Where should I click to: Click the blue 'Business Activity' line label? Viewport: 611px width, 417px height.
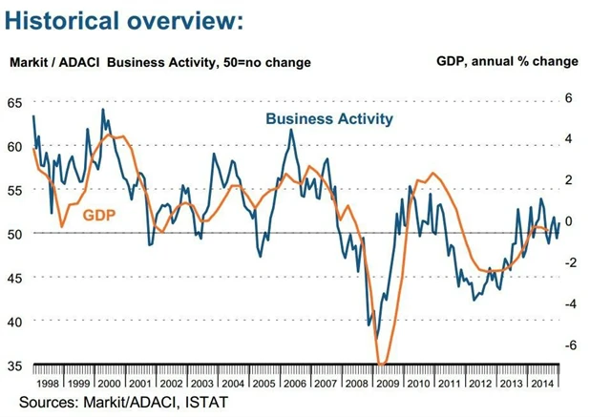329,118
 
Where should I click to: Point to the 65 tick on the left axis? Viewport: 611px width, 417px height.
14,102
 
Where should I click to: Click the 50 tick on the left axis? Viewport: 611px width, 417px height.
14,233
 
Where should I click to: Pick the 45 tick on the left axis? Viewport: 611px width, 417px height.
14,277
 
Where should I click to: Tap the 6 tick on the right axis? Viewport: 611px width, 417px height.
568,97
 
